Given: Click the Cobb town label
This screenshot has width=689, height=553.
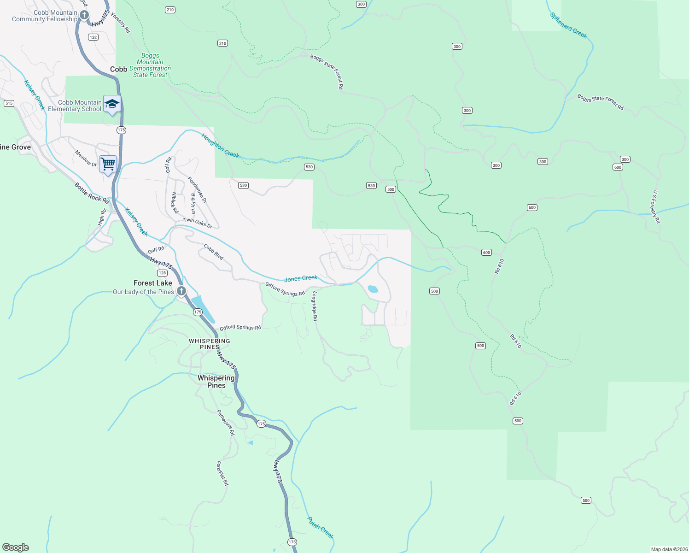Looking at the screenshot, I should pyautogui.click(x=118, y=69).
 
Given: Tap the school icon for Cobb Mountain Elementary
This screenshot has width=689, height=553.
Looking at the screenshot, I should pyautogui.click(x=112, y=104).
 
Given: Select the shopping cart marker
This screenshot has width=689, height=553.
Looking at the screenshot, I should pyautogui.click(x=108, y=164).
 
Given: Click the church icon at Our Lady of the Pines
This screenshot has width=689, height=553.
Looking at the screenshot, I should pyautogui.click(x=181, y=291).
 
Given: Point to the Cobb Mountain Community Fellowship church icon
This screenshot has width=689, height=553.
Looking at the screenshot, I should pyautogui.click(x=84, y=15).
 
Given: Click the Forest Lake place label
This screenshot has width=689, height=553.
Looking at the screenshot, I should pyautogui.click(x=153, y=283).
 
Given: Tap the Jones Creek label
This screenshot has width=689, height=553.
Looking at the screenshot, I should pyautogui.click(x=301, y=278).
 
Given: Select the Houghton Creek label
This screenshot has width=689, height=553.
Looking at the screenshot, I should pyautogui.click(x=220, y=146).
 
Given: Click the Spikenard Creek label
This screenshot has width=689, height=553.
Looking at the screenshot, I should pyautogui.click(x=568, y=25).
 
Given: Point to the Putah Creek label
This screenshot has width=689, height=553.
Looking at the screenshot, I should pyautogui.click(x=320, y=528).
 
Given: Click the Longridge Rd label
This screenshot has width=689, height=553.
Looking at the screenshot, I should pyautogui.click(x=315, y=306).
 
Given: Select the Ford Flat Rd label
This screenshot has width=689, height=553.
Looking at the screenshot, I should pyautogui.click(x=222, y=473).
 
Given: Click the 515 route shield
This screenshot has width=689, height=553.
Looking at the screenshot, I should pyautogui.click(x=9, y=103).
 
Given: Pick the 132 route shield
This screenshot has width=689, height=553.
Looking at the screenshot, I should pyautogui.click(x=93, y=37).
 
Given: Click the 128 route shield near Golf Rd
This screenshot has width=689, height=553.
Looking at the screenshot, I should pyautogui.click(x=162, y=273).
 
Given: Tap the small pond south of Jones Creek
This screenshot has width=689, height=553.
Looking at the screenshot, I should pyautogui.click(x=373, y=289).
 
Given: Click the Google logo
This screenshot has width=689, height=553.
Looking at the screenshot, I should pyautogui.click(x=16, y=547).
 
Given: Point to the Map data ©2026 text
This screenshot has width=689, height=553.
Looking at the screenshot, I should pyautogui.click(x=668, y=549).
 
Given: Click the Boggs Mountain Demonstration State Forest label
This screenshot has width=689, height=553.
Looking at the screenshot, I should pyautogui.click(x=150, y=65).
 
